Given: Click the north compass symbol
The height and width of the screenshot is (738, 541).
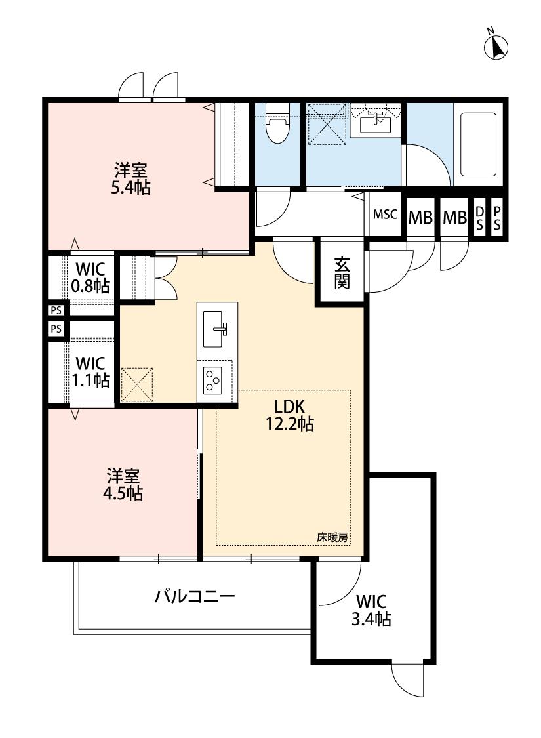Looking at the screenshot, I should point(497,46).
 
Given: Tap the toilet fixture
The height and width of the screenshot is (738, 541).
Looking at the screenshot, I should point(277,125).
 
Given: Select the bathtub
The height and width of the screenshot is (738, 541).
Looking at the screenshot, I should point(478,144).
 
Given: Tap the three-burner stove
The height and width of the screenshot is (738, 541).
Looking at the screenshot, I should point(214,379).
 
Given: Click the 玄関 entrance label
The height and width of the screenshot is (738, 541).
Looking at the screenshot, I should point(341,273).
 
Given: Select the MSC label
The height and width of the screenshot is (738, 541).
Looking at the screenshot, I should point(385,215).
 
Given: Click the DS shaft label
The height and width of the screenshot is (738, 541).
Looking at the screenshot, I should point(479,218).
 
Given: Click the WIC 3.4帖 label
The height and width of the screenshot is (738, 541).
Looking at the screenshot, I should point(372,609).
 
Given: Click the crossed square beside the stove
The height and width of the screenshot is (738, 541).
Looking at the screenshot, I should point(136,384).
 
